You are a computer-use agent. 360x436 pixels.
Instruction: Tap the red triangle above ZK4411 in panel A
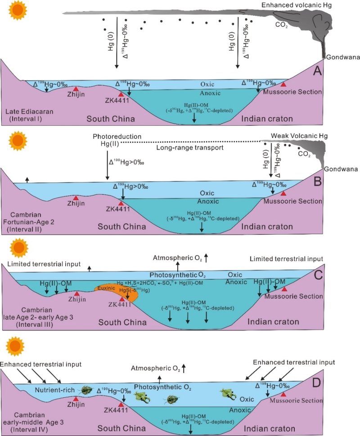point(121,94)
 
